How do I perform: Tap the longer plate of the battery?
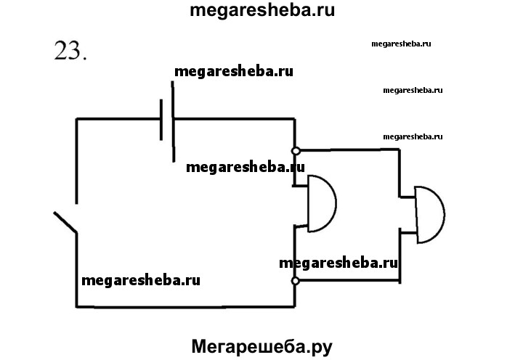coord(174,120)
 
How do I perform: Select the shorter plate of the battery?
coord(161,120)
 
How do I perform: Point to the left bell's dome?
coord(322,204)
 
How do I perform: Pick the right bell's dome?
coord(429,215)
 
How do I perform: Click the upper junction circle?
coord(296,151)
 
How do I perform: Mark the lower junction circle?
coord(296,280)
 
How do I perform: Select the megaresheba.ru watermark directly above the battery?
coord(234,72)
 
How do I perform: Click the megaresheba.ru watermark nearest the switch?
coord(141,279)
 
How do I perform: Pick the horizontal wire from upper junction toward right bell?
coord(349,150)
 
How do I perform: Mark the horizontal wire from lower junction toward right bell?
coord(349,280)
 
